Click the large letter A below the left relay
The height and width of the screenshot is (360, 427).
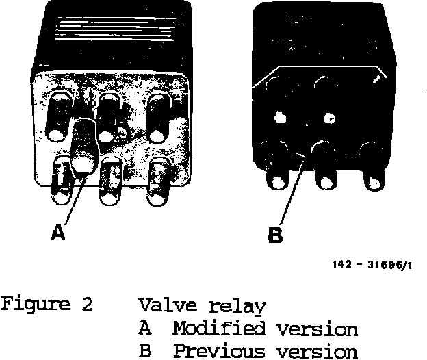tap(59, 233)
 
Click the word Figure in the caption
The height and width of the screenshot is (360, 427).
tap(38, 303)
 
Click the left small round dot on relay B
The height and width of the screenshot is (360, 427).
tap(280, 117)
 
